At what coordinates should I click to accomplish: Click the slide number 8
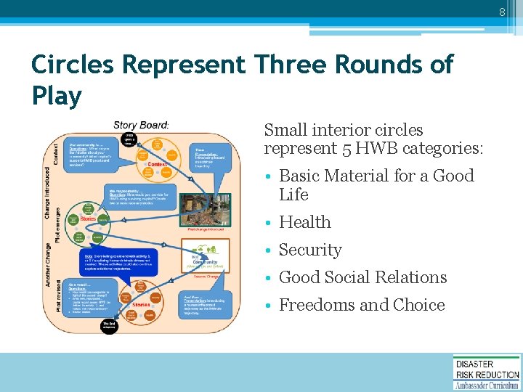(x=500, y=12)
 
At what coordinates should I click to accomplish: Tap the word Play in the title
(x=56, y=94)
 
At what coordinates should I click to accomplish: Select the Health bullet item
(x=304, y=222)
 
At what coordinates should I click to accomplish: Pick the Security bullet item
(x=310, y=250)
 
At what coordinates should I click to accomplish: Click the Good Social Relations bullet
(x=362, y=277)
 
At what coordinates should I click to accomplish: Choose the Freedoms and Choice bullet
(x=361, y=305)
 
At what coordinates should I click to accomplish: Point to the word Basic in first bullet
(x=301, y=176)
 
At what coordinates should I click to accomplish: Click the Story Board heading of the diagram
(x=141, y=125)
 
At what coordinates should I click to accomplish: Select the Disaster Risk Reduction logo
(x=486, y=372)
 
